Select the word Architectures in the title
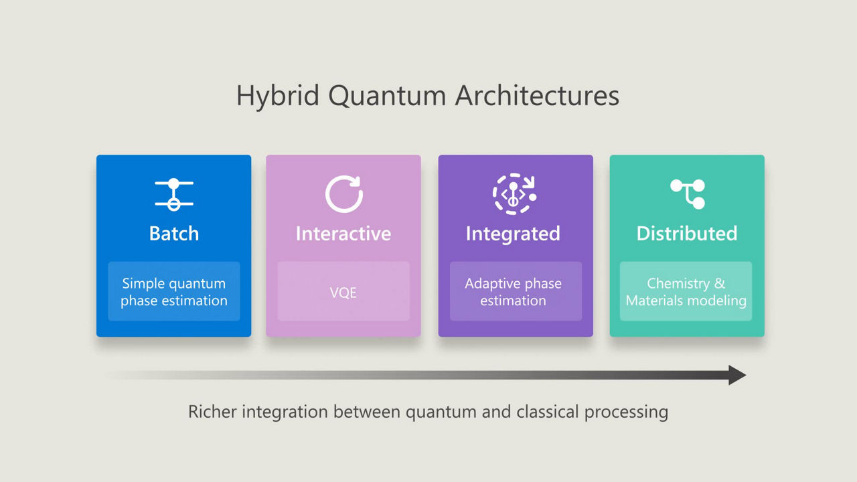click(537, 96)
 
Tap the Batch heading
click(174, 234)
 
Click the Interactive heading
click(343, 234)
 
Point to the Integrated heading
click(513, 234)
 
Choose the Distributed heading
click(687, 234)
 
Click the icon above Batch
click(174, 194)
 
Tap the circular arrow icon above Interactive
click(343, 194)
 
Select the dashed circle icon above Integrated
click(514, 194)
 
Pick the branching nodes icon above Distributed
click(688, 193)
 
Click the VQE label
click(343, 293)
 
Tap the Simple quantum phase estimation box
click(174, 292)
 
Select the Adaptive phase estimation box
click(514, 292)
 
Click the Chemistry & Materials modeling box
click(686, 292)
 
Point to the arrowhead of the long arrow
click(736, 375)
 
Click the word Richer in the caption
click(212, 411)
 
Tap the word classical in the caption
click(548, 411)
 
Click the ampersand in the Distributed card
click(720, 284)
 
